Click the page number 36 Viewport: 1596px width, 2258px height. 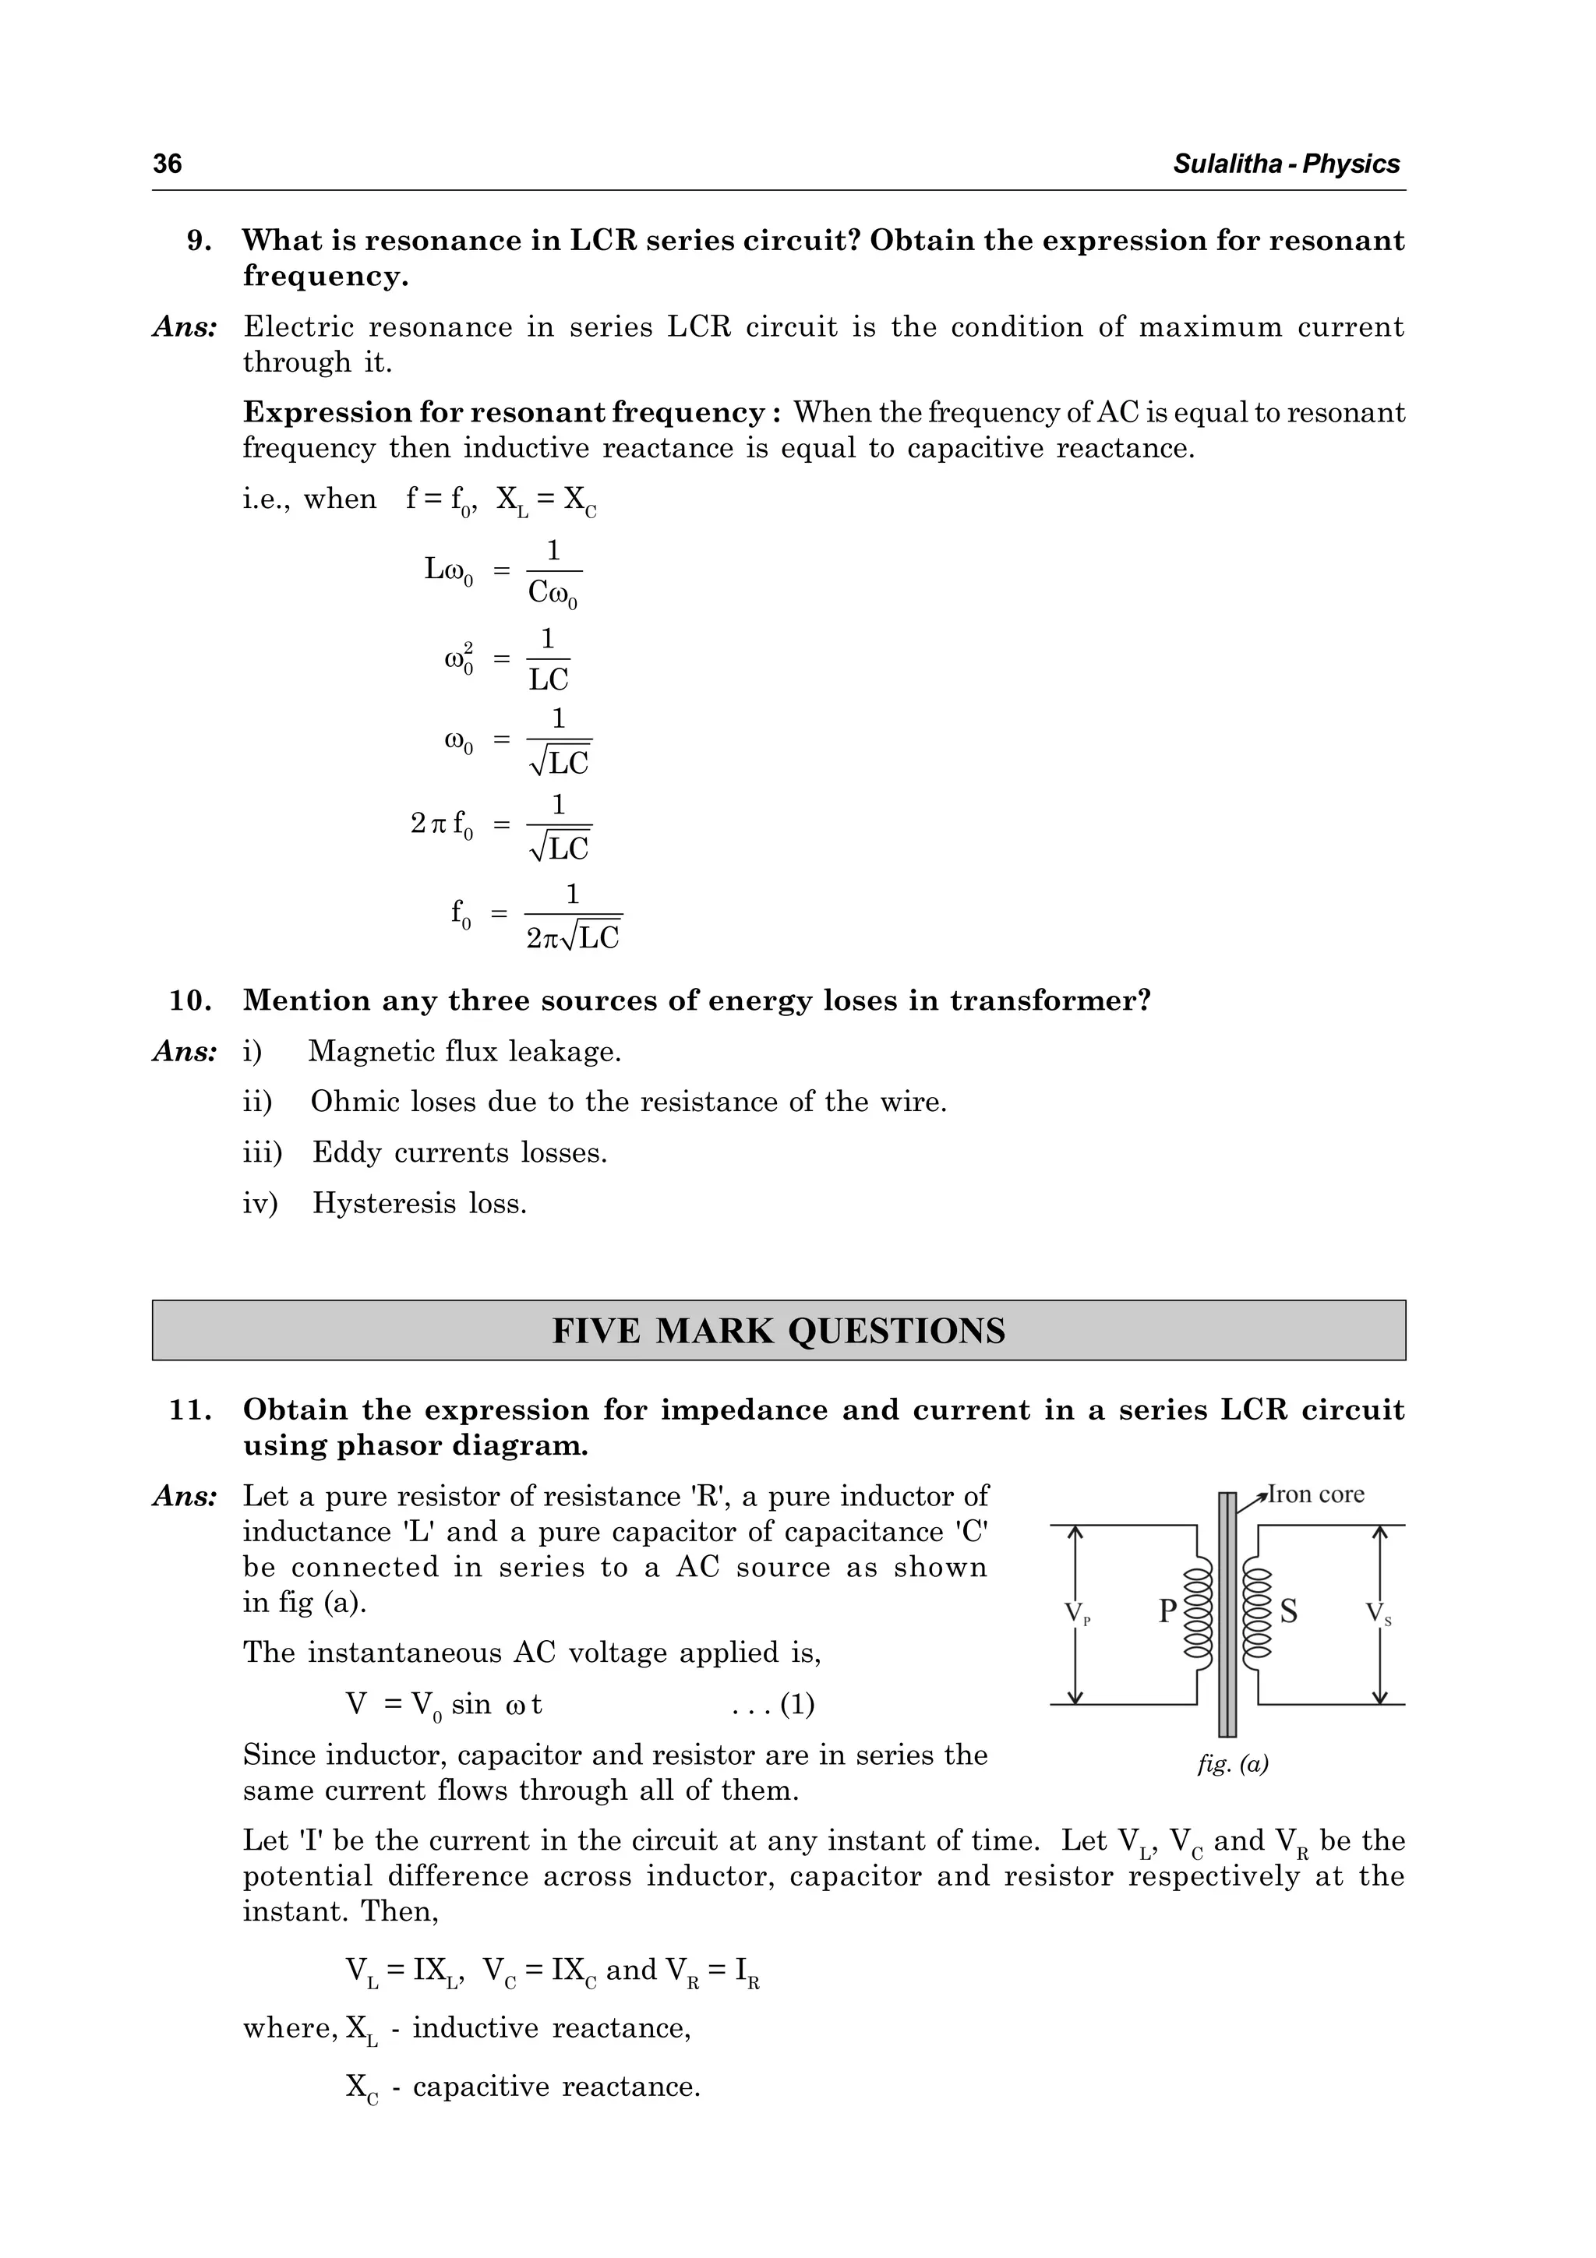click(x=168, y=164)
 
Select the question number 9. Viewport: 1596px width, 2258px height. click(x=199, y=241)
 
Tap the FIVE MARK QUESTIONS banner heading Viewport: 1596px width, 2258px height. click(x=778, y=1331)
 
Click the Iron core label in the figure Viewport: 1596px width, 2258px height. click(x=1315, y=1495)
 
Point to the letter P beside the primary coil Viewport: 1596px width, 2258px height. click(x=1167, y=1611)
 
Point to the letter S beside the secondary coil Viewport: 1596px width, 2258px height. click(x=1288, y=1611)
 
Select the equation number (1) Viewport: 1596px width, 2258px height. click(x=796, y=1704)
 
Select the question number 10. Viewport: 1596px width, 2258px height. click(x=191, y=1001)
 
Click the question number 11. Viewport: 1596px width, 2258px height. click(x=191, y=1410)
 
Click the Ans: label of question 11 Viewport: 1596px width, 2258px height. click(x=185, y=1497)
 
